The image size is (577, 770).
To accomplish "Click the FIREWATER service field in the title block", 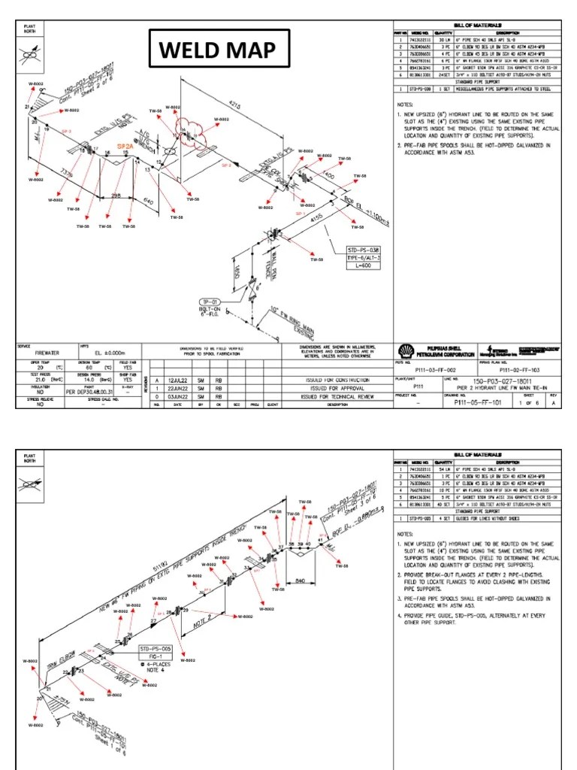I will point(45,358).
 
